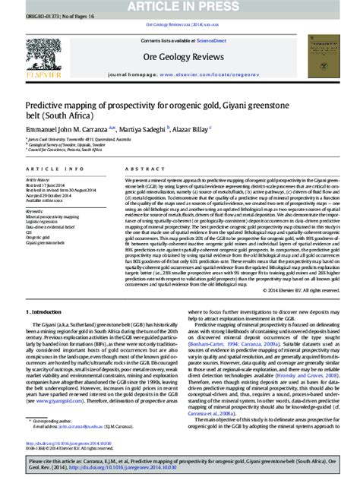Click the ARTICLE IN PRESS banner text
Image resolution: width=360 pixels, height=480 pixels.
point(179,7)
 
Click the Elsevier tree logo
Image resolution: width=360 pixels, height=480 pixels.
point(29,55)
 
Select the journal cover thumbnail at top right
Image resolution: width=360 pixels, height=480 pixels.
point(330,56)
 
